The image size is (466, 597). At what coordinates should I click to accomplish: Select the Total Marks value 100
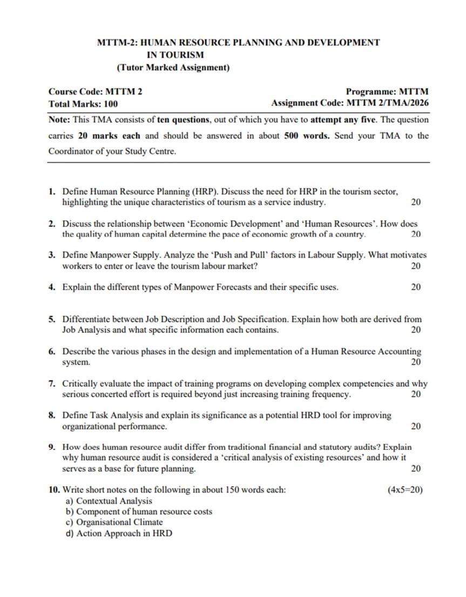[x=110, y=104]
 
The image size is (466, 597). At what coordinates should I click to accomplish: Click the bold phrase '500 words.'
[x=307, y=136]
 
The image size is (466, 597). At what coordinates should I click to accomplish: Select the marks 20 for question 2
[x=416, y=234]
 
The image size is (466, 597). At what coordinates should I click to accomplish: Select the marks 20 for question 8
[x=416, y=427]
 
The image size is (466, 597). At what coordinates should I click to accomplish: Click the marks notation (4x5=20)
[x=405, y=490]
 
